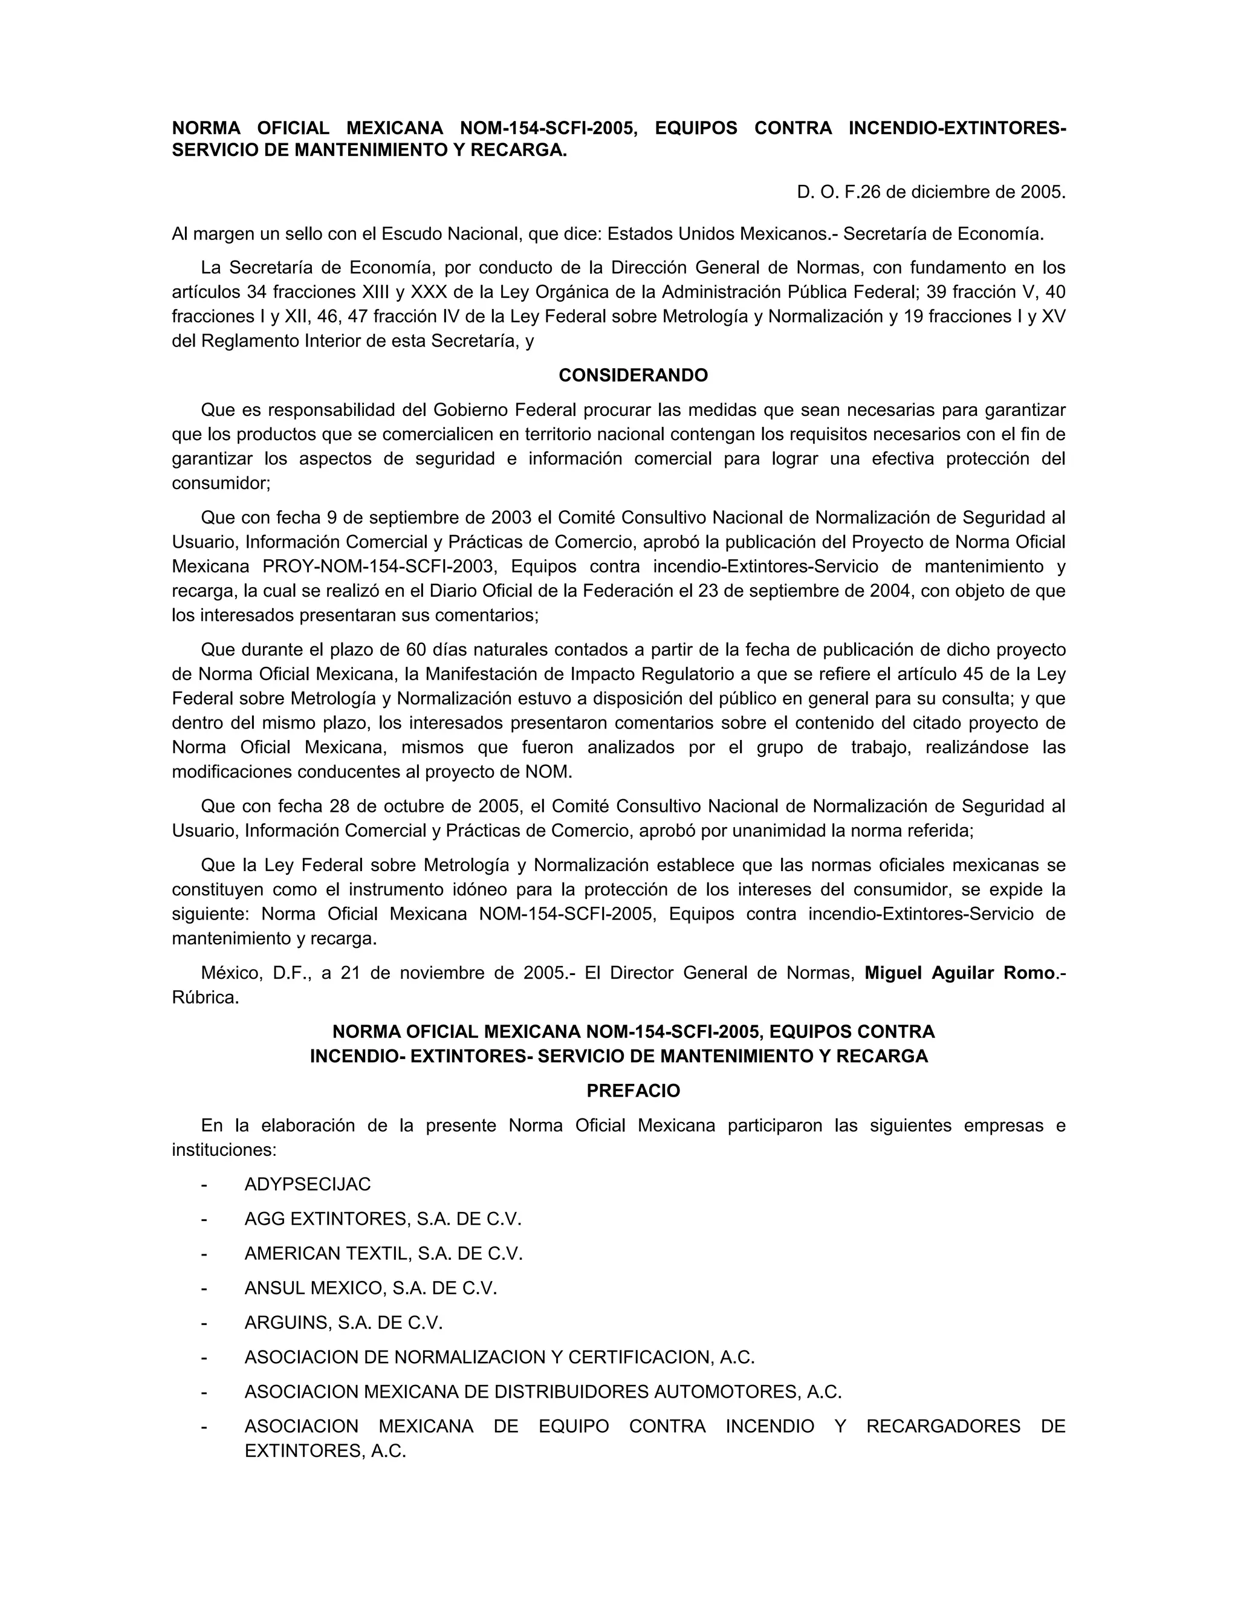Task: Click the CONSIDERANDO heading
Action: point(633,375)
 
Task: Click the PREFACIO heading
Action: point(633,1091)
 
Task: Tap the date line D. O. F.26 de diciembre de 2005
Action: point(931,192)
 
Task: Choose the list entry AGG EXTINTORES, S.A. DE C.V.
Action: point(383,1219)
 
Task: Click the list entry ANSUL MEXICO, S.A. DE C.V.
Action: point(371,1288)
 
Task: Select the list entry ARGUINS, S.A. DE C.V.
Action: point(344,1323)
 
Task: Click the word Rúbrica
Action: point(206,997)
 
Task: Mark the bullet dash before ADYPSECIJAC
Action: point(204,1185)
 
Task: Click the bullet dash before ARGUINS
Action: point(204,1323)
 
